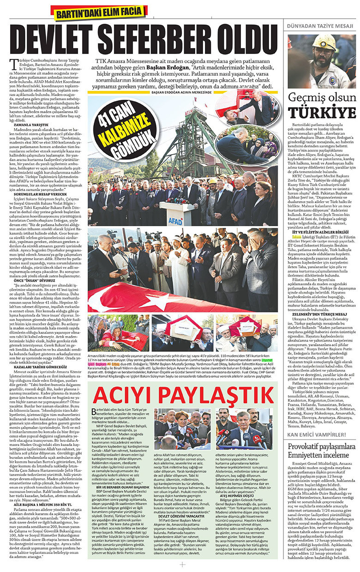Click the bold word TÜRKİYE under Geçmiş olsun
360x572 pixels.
point(322,113)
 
